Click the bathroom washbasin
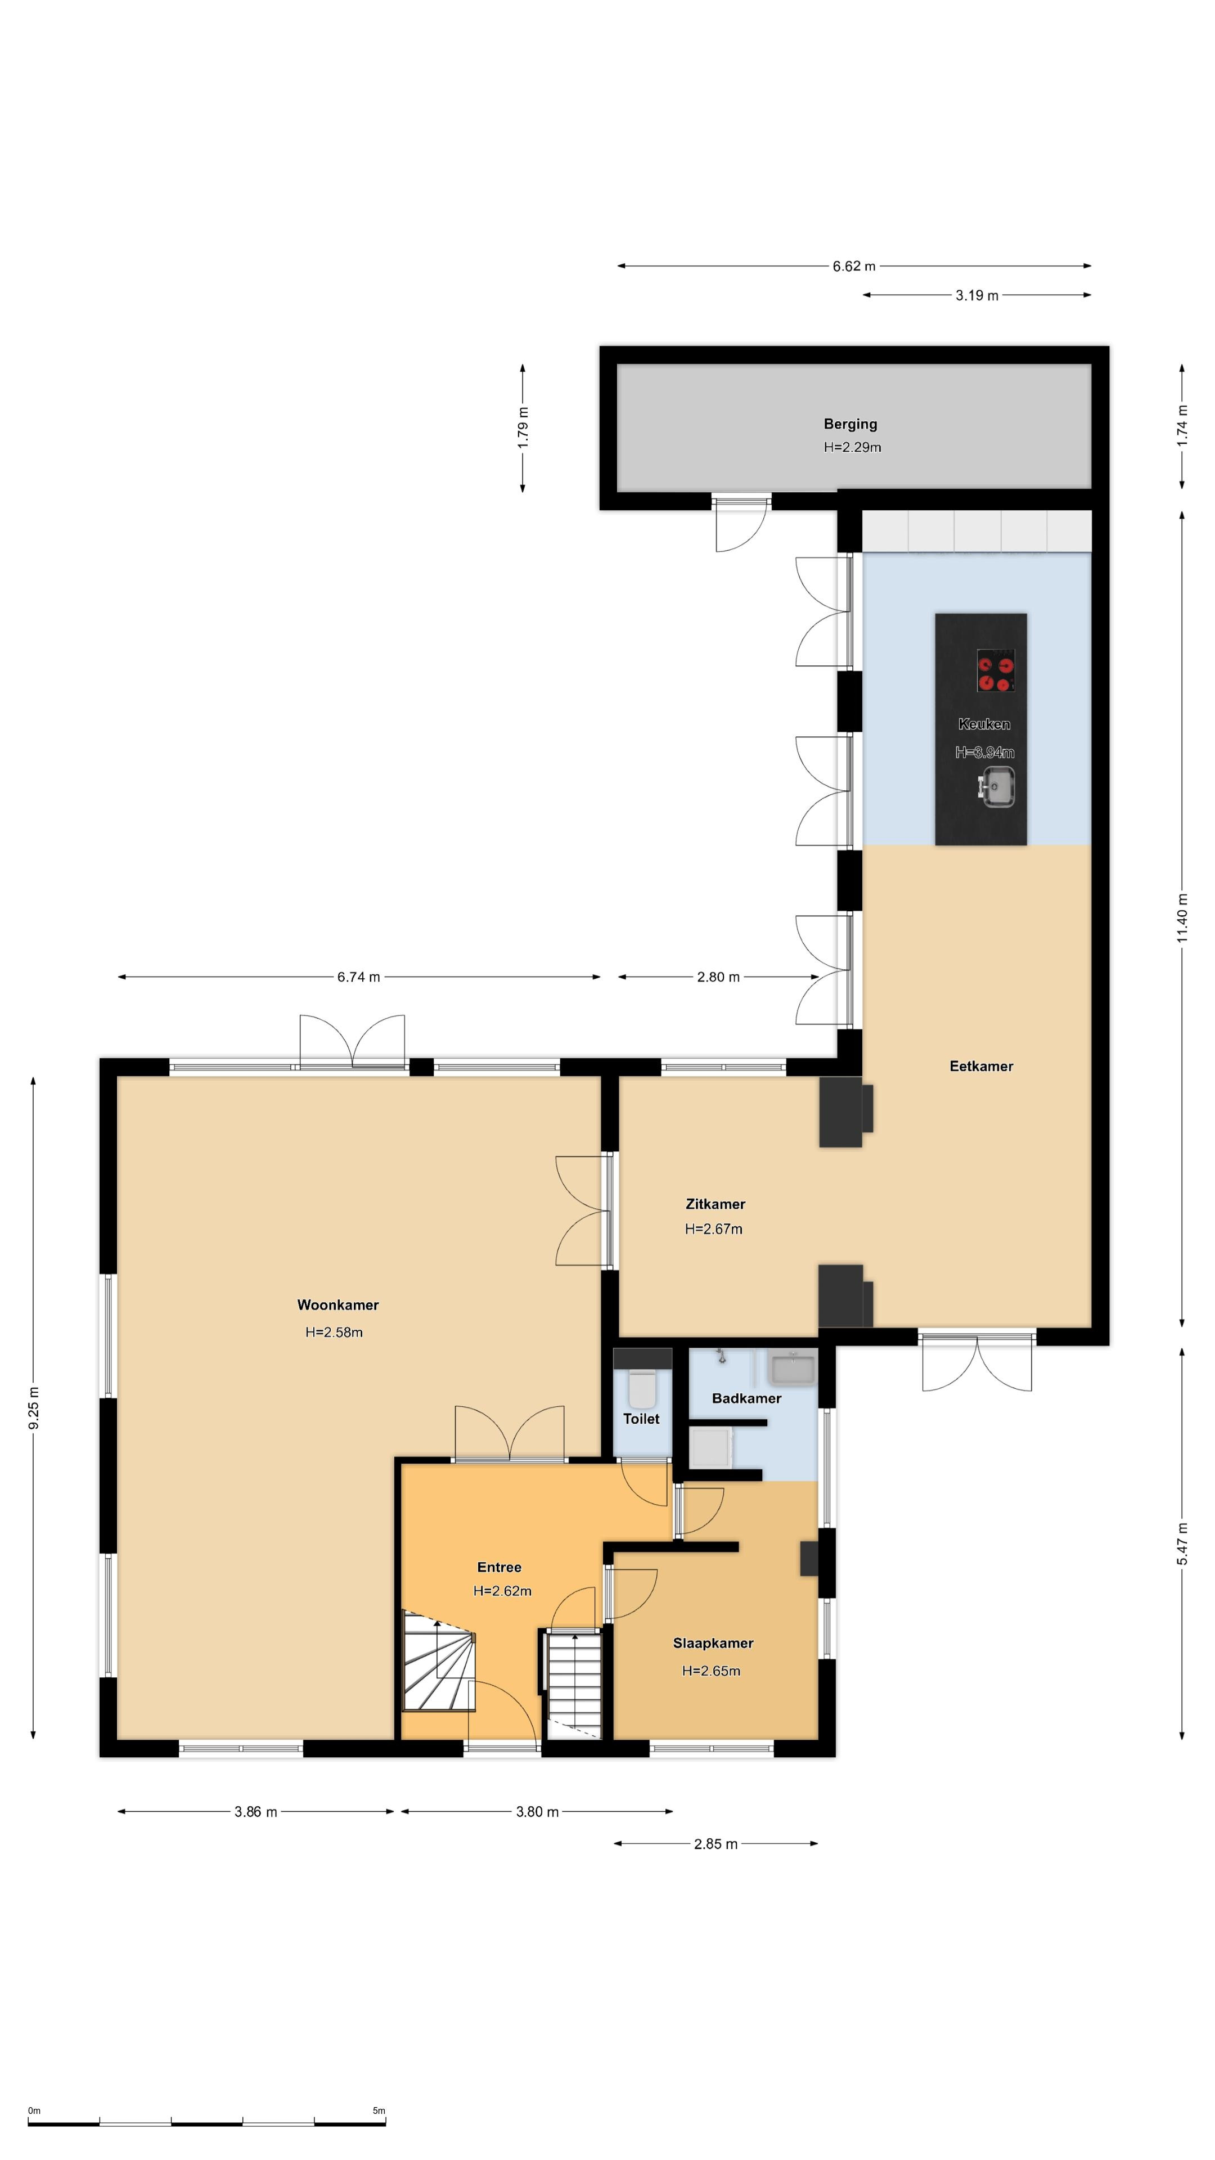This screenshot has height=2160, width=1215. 793,1369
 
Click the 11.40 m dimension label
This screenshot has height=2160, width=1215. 1182,916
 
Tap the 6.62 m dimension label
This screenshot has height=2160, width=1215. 854,267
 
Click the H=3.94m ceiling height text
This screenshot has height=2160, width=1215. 984,753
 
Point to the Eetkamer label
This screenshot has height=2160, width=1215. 981,1066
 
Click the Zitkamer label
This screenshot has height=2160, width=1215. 715,1204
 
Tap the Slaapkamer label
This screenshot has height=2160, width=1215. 713,1644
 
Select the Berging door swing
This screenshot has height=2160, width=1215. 741,525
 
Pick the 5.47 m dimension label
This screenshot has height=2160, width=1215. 1182,1543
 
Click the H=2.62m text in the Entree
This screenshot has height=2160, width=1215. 502,1591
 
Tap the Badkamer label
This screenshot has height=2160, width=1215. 746,1398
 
